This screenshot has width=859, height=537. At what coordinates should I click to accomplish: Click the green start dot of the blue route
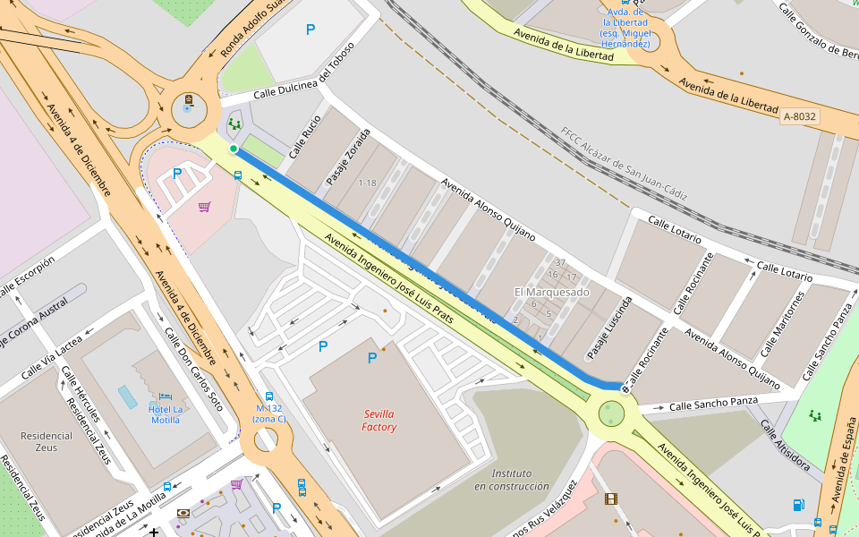pyautogui.click(x=234, y=149)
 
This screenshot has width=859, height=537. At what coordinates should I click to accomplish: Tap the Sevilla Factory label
pyautogui.click(x=379, y=421)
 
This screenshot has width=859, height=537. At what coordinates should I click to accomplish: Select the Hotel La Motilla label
pyautogui.click(x=166, y=414)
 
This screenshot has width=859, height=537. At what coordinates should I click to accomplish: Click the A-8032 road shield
pyautogui.click(x=799, y=116)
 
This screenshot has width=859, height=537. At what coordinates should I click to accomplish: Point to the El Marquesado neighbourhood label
pyautogui.click(x=551, y=293)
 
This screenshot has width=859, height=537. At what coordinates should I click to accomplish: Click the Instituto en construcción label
pyautogui.click(x=511, y=480)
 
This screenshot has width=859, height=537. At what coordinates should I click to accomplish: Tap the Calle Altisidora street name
pyautogui.click(x=786, y=445)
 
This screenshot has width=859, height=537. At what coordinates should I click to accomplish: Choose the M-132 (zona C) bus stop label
pyautogui.click(x=268, y=413)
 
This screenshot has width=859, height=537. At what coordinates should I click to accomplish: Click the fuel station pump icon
pyautogui.click(x=798, y=505)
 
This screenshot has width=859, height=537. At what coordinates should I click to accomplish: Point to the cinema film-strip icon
pyautogui.click(x=611, y=499)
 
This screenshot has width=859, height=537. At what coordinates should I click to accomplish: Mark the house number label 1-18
pyautogui.click(x=368, y=183)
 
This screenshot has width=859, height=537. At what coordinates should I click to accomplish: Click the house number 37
pyautogui.click(x=560, y=262)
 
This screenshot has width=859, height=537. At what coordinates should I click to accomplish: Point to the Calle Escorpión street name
pyautogui.click(x=28, y=275)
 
